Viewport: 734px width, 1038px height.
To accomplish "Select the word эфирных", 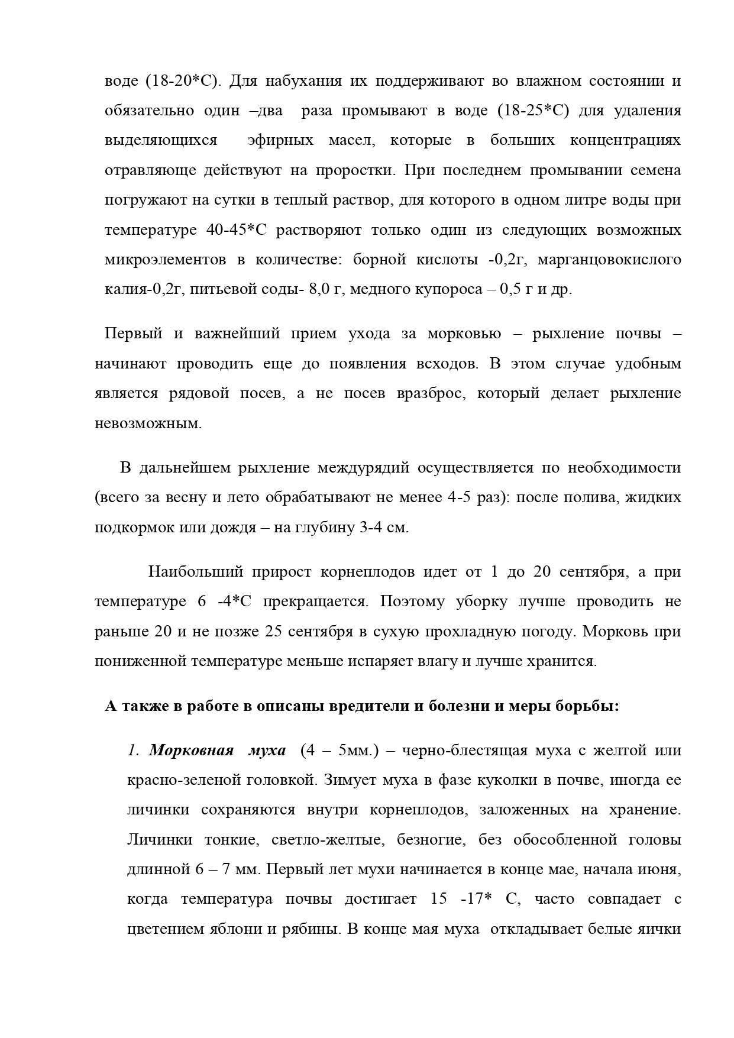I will coord(280,141).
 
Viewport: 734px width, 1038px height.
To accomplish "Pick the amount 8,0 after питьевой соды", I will coord(322,290).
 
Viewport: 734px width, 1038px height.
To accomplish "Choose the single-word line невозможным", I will coord(148,423).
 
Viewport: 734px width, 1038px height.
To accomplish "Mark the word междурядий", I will coord(363,468).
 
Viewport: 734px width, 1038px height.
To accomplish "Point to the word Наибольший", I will coord(196,572).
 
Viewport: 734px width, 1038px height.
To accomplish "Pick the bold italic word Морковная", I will coord(187,751).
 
